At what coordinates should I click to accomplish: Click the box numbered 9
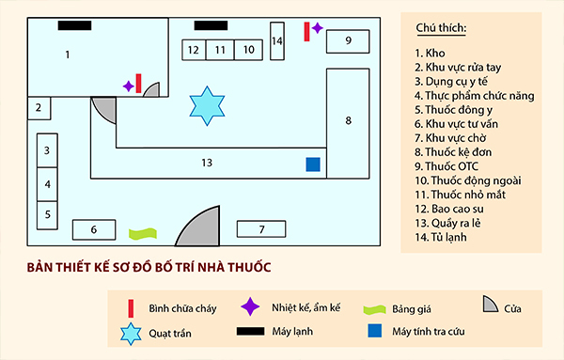click(347, 40)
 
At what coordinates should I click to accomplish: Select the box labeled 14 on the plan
click(277, 41)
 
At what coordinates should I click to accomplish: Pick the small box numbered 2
click(39, 108)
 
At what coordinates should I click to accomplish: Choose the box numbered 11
click(220, 49)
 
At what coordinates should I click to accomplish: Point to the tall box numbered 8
click(348, 120)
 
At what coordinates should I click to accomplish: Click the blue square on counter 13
click(313, 164)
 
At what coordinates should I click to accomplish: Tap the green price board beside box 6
click(142, 231)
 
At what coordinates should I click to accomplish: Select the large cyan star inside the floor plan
click(206, 105)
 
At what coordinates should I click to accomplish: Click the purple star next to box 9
click(318, 28)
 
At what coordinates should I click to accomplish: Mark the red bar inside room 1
click(139, 84)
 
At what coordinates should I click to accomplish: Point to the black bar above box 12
click(209, 23)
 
